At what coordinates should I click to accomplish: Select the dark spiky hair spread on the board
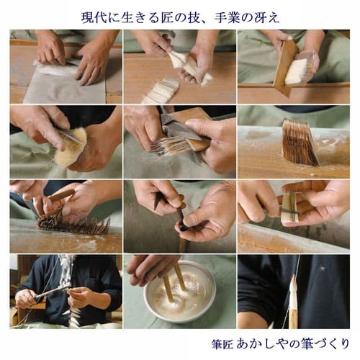(72, 223)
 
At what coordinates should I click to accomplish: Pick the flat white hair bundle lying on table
(160, 90)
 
